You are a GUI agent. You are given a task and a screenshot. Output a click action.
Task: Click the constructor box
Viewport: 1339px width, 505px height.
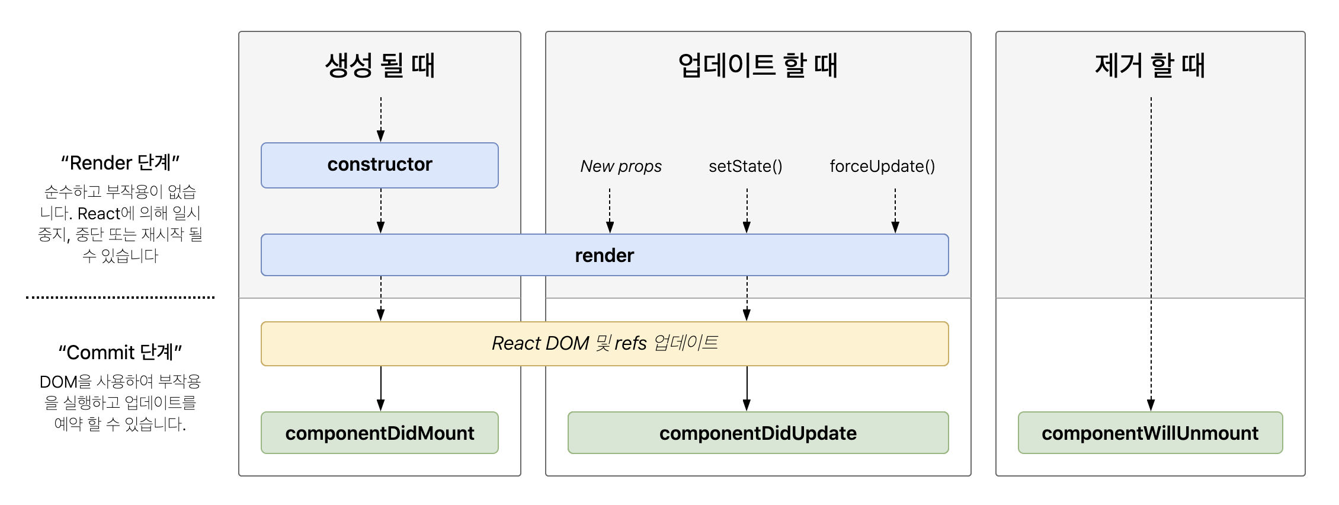(379, 165)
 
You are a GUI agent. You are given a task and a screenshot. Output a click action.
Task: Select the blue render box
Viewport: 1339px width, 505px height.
(604, 255)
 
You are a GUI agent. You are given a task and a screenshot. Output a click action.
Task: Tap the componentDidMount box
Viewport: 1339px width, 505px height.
(379, 433)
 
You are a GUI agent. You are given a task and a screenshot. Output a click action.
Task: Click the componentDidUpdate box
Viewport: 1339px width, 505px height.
(758, 433)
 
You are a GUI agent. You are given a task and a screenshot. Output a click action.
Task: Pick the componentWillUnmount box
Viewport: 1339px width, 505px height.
(1150, 433)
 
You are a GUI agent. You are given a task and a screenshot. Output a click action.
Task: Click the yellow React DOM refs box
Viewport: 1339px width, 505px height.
(604, 343)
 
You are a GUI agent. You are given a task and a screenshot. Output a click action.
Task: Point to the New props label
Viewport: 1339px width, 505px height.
(621, 166)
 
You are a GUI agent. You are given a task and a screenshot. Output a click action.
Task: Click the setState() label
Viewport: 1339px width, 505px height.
(745, 166)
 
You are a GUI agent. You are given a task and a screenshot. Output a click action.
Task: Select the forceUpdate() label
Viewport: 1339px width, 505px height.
(882, 166)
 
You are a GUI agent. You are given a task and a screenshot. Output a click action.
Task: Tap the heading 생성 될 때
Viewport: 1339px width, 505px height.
(380, 65)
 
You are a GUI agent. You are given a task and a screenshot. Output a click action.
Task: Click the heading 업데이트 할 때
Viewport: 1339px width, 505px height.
(758, 65)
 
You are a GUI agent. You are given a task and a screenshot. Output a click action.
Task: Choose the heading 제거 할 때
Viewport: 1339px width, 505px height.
(1150, 65)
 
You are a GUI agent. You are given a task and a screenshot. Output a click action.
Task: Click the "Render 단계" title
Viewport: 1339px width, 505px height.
(120, 162)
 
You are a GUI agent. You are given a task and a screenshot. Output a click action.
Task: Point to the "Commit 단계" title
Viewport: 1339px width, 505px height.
(120, 352)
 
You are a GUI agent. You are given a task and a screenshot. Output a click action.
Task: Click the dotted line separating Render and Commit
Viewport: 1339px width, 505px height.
(120, 298)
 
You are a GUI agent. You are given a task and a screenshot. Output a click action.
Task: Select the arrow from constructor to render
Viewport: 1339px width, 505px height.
(381, 210)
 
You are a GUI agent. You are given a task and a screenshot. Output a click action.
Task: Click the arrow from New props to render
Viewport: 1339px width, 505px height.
(610, 210)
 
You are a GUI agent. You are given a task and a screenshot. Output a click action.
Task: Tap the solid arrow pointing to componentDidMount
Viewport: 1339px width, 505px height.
(381, 388)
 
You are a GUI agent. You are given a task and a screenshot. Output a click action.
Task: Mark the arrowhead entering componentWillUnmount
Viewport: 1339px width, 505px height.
(1151, 405)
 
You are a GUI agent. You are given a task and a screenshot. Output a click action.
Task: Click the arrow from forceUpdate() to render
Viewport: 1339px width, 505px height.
(895, 210)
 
